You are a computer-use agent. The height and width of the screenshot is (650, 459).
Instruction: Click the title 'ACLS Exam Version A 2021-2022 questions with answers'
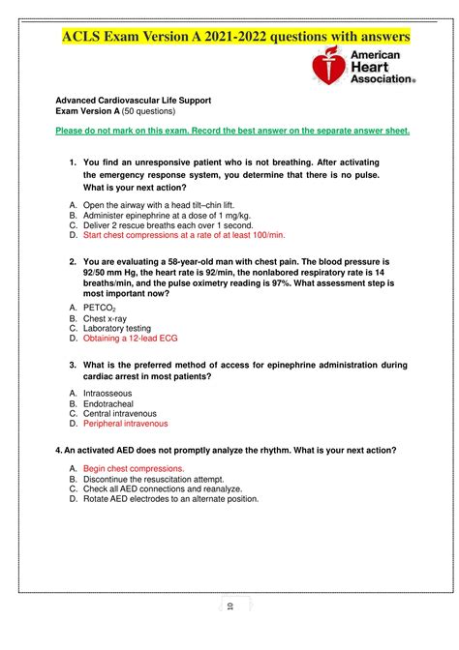click(236, 37)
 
